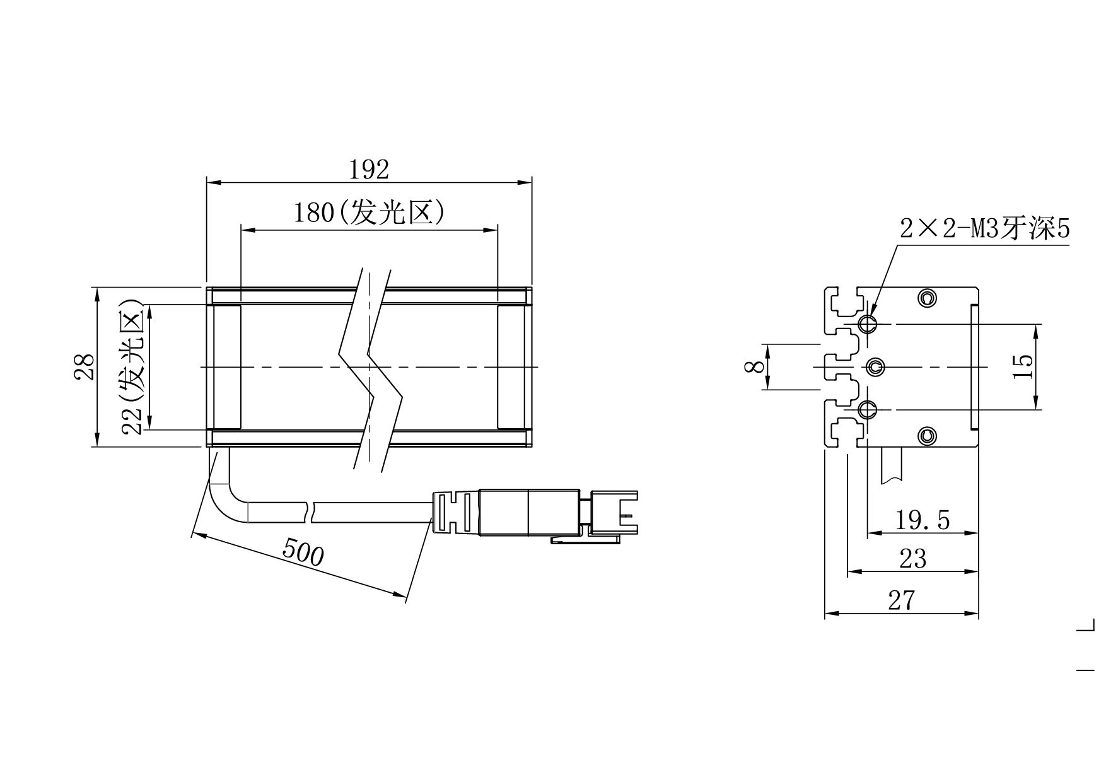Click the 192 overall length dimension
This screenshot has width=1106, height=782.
370,169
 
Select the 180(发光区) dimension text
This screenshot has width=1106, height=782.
370,213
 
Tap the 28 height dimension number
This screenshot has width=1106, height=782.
84,366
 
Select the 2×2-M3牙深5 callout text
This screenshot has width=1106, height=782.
985,228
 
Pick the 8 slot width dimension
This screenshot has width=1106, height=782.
754,366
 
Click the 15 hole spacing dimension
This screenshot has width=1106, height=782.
1023,366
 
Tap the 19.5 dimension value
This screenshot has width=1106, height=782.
923,520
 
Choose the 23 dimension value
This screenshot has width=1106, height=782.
912,559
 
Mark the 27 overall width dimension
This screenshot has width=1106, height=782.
901,600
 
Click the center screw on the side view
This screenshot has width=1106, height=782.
875,366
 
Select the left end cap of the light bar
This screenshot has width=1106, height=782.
224,366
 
